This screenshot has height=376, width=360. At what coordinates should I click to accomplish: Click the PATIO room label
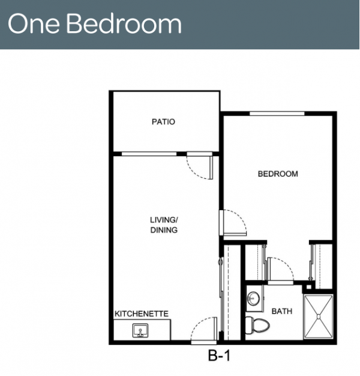pos(163,121)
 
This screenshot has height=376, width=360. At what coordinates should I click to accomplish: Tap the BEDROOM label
pos(278,174)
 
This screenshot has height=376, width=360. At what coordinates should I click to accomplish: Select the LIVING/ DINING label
pos(164,225)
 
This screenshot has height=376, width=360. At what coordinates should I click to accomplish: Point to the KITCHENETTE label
pos(142,314)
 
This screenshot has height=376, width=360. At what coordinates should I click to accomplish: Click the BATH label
pos(282,311)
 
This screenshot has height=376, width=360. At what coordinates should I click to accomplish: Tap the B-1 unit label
pos(219,356)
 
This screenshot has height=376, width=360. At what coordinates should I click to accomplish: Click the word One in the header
pos(34,23)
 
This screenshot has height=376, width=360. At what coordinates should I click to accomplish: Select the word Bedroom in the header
pos(124,23)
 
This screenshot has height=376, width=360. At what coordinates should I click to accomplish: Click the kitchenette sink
pos(140,330)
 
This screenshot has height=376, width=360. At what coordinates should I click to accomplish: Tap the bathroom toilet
pos(257,326)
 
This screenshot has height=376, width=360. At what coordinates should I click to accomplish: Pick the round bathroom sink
pos(253,299)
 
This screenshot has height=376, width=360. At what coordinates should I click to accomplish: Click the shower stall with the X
pos(319,317)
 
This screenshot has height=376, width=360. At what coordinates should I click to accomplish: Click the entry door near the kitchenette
pos(203,330)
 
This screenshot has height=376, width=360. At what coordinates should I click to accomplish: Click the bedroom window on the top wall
pos(277,114)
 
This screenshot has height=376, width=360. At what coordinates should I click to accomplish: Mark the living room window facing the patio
pos(149,154)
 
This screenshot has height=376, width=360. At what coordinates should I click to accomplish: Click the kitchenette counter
pos(142,330)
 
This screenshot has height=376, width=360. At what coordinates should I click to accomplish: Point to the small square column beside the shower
pos(309,287)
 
